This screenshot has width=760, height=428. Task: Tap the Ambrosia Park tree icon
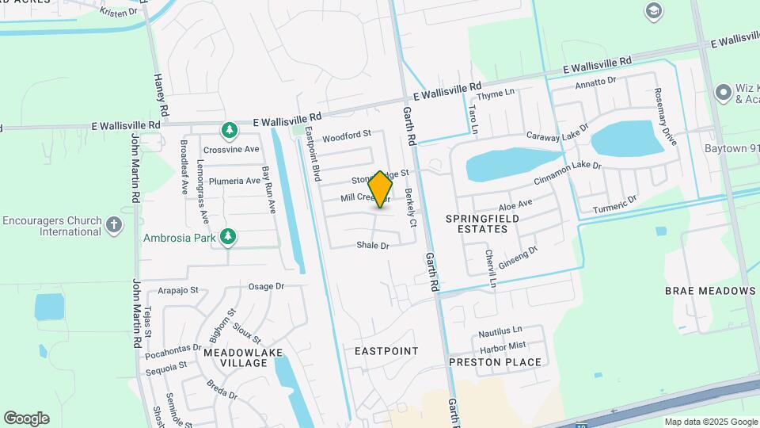[228, 236]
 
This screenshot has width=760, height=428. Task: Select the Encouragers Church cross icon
[114, 225]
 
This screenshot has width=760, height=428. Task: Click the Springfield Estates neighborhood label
[476, 224]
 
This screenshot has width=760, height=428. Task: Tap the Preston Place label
[495, 362]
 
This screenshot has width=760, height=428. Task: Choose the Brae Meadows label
[710, 291]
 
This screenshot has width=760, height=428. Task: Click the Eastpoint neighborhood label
[386, 350]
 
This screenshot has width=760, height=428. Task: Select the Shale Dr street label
[373, 246]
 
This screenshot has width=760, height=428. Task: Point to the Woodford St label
[347, 136]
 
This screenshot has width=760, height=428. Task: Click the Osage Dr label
[266, 286]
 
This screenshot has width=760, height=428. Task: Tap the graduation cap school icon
[654, 10]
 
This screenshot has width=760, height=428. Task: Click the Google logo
[26, 418]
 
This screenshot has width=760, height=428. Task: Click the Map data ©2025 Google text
[711, 422]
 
